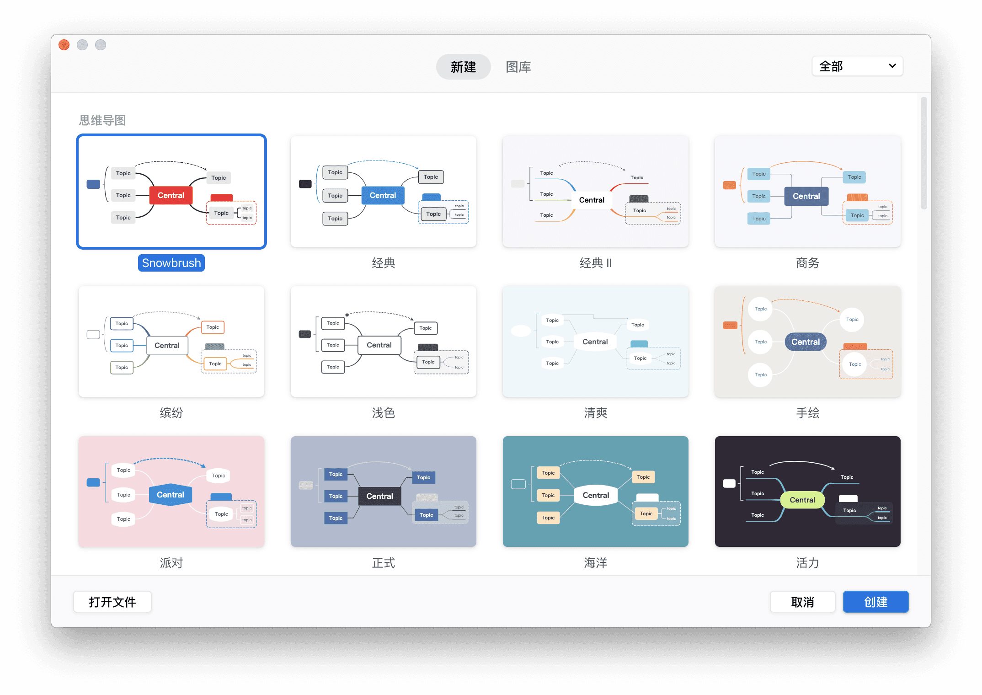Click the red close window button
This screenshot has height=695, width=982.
[64, 45]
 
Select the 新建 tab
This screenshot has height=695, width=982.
[463, 67]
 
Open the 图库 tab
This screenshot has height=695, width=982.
[518, 67]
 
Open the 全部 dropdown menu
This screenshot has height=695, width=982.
[857, 66]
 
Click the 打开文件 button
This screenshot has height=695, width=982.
[112, 602]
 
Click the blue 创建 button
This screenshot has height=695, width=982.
[875, 602]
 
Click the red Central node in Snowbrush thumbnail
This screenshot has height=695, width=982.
[171, 195]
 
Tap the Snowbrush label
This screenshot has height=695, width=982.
[171, 263]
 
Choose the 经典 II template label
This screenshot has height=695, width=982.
[595, 263]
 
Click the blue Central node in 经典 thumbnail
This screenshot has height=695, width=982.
[383, 195]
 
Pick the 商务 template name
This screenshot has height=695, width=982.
[807, 263]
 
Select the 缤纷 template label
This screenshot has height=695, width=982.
[171, 413]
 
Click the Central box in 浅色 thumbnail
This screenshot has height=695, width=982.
[379, 345]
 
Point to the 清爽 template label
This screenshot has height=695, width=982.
[595, 413]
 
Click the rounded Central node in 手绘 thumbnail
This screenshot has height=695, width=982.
[806, 342]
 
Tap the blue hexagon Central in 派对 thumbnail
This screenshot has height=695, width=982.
[171, 495]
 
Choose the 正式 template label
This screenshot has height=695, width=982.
[383, 563]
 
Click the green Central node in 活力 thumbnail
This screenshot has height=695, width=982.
[802, 500]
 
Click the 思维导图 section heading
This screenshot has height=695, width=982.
[102, 120]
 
